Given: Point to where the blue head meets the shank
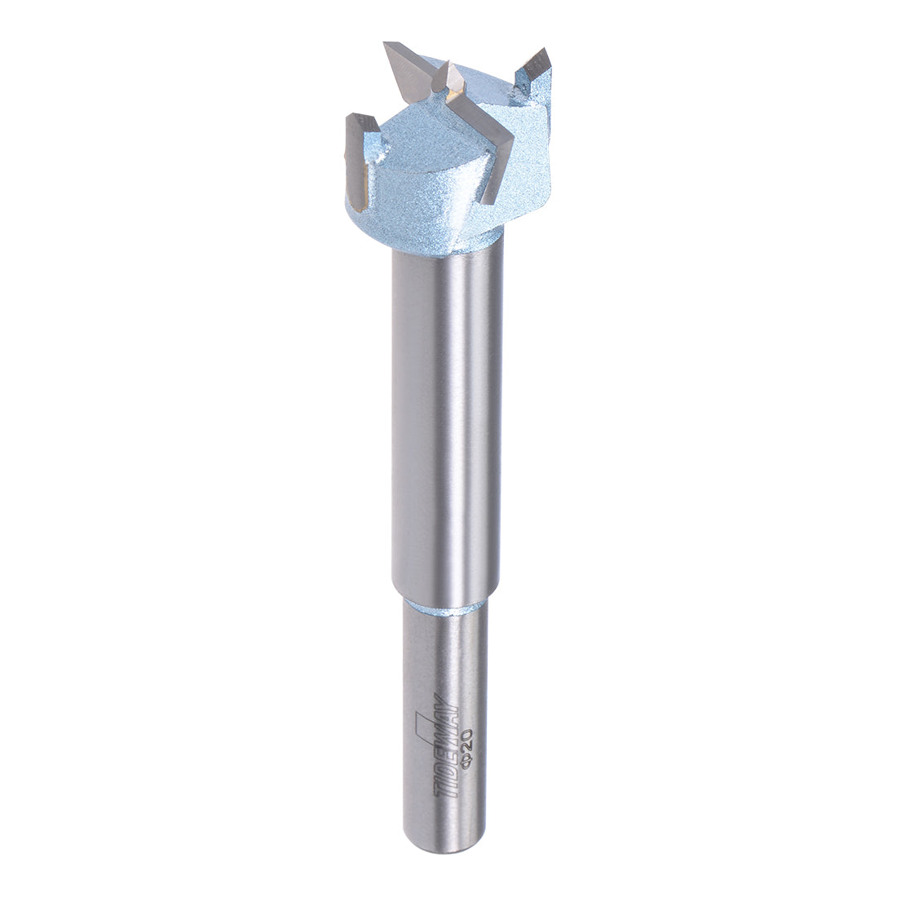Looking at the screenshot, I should point(447,250).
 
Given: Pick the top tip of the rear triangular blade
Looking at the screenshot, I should point(388,46).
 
